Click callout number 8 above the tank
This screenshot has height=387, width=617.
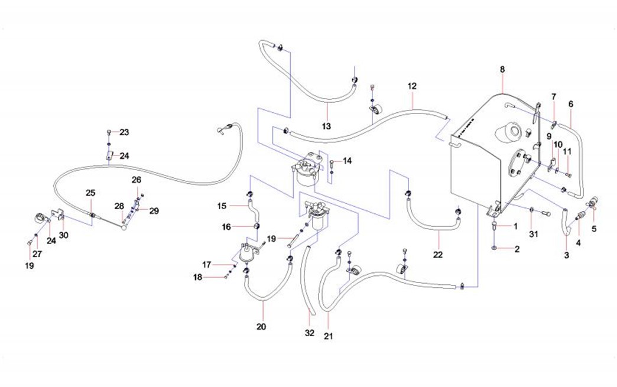point(502,70)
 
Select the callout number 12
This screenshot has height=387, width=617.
point(412,86)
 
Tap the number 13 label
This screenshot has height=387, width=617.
point(326,126)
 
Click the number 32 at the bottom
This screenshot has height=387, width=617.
point(310,333)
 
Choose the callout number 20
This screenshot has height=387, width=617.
point(262,327)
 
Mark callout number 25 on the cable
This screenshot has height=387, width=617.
point(90,193)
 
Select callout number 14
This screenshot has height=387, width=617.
point(347,161)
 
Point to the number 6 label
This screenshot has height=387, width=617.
point(571,104)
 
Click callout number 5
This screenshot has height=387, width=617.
point(593,228)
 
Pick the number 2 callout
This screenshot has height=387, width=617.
point(517,249)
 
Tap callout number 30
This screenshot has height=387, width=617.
point(63,235)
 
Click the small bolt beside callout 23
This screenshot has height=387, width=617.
point(109,132)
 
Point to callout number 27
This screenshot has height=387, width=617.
point(37,253)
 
